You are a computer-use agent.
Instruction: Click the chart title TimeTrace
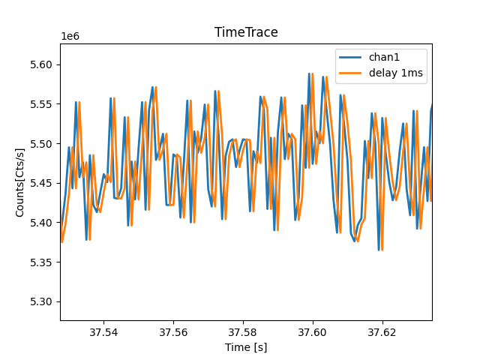(x=246, y=32)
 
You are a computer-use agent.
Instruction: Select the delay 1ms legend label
(x=395, y=72)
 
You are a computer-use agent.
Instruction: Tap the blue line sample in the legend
(x=351, y=57)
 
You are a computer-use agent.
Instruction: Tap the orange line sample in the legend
(x=351, y=72)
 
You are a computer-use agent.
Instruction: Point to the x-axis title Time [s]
(x=246, y=347)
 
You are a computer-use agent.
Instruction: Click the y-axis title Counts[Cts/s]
(x=20, y=182)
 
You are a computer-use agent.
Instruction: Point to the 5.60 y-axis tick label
(x=43, y=64)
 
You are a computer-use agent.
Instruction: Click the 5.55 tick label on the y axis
(x=43, y=104)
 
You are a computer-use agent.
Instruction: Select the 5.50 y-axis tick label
(x=43, y=143)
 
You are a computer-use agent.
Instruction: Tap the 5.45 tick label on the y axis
(x=43, y=183)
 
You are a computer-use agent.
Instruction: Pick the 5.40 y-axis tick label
(x=43, y=223)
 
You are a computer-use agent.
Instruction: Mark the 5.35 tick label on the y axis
(x=43, y=262)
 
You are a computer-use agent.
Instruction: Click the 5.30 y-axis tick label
(x=43, y=301)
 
